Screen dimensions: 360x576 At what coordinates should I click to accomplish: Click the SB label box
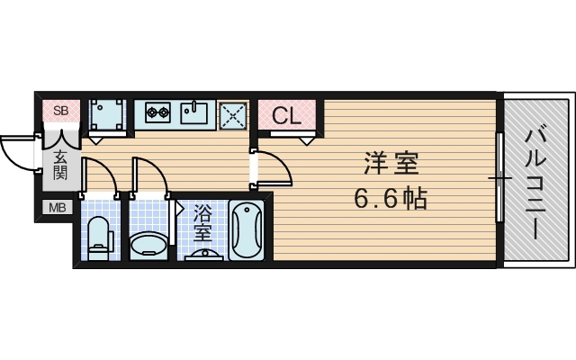coord(60,112)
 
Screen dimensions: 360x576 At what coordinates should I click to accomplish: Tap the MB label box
coord(55,209)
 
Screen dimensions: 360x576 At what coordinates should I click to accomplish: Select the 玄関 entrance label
coord(60,166)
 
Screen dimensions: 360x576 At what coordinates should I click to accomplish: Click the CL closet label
coord(287,115)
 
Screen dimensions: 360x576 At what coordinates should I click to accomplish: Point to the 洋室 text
coord(392,165)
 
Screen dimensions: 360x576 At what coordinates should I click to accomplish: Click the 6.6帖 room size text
coord(391,196)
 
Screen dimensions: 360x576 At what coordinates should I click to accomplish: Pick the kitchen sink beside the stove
coord(194,114)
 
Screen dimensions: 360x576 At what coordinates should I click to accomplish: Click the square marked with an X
coord(234,114)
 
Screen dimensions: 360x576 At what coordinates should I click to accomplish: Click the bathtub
coord(246,229)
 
